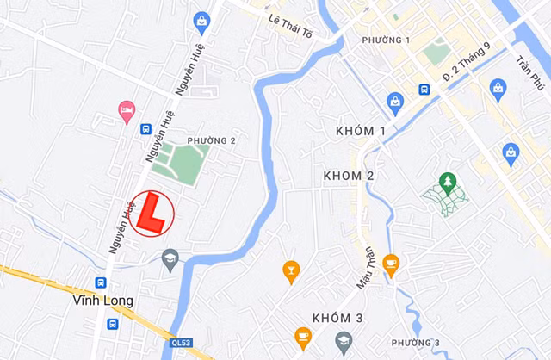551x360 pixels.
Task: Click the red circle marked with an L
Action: pos(152,213)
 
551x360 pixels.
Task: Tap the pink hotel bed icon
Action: pos(127,110)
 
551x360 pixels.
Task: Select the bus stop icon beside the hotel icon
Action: pos(145,129)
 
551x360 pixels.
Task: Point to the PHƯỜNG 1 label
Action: pos(386,40)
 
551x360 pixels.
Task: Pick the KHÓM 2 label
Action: pos(349,176)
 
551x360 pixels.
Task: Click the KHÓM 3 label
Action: pos(337,319)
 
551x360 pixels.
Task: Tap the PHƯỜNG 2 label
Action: pos(211,140)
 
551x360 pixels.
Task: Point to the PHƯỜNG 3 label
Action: pos(415,344)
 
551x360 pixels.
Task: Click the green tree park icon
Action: pos(447,182)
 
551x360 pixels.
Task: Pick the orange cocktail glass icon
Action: pos(291,271)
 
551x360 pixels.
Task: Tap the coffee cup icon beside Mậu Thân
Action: pos(391,264)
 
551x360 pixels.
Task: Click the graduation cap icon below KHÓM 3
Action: pos(344,341)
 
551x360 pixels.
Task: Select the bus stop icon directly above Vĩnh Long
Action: pos(102,282)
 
